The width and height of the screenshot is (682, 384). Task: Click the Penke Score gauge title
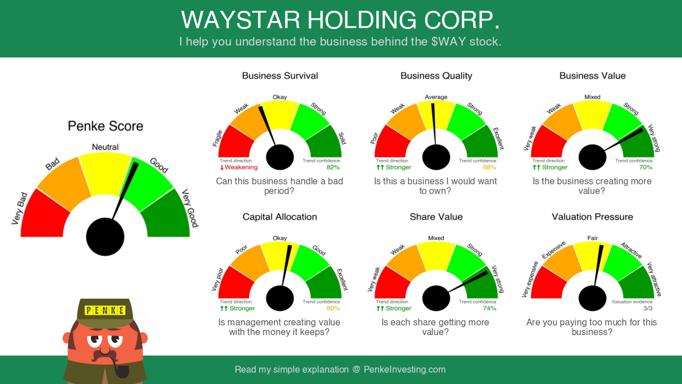pyautogui.click(x=105, y=126)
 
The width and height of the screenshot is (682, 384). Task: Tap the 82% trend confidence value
pyautogui.click(x=333, y=167)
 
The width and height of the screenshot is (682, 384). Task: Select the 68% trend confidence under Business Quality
pyautogui.click(x=489, y=167)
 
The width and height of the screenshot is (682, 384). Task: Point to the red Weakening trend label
pyautogui.click(x=239, y=167)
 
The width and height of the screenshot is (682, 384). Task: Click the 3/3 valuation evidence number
pyautogui.click(x=648, y=308)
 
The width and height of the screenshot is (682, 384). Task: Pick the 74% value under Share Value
pyautogui.click(x=489, y=308)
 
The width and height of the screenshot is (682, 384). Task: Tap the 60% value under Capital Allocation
pyautogui.click(x=333, y=308)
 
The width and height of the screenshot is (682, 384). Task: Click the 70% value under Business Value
pyautogui.click(x=646, y=167)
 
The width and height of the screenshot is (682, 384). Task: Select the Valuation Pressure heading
pyautogui.click(x=592, y=217)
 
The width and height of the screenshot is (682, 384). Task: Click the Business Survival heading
pyautogui.click(x=280, y=76)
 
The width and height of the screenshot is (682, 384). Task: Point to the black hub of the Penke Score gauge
pyautogui.click(x=105, y=237)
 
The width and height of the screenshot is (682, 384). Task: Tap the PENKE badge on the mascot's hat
pyautogui.click(x=105, y=310)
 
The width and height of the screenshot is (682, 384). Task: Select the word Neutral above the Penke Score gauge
pyautogui.click(x=105, y=147)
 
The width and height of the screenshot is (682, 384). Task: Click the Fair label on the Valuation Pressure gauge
pyautogui.click(x=592, y=238)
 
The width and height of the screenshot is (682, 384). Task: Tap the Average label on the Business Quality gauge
pyautogui.click(x=436, y=97)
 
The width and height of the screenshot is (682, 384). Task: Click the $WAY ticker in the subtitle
pyautogui.click(x=449, y=42)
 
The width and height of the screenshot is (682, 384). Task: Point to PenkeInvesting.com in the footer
pyautogui.click(x=405, y=369)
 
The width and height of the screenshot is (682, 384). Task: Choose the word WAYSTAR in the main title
pyautogui.click(x=240, y=20)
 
